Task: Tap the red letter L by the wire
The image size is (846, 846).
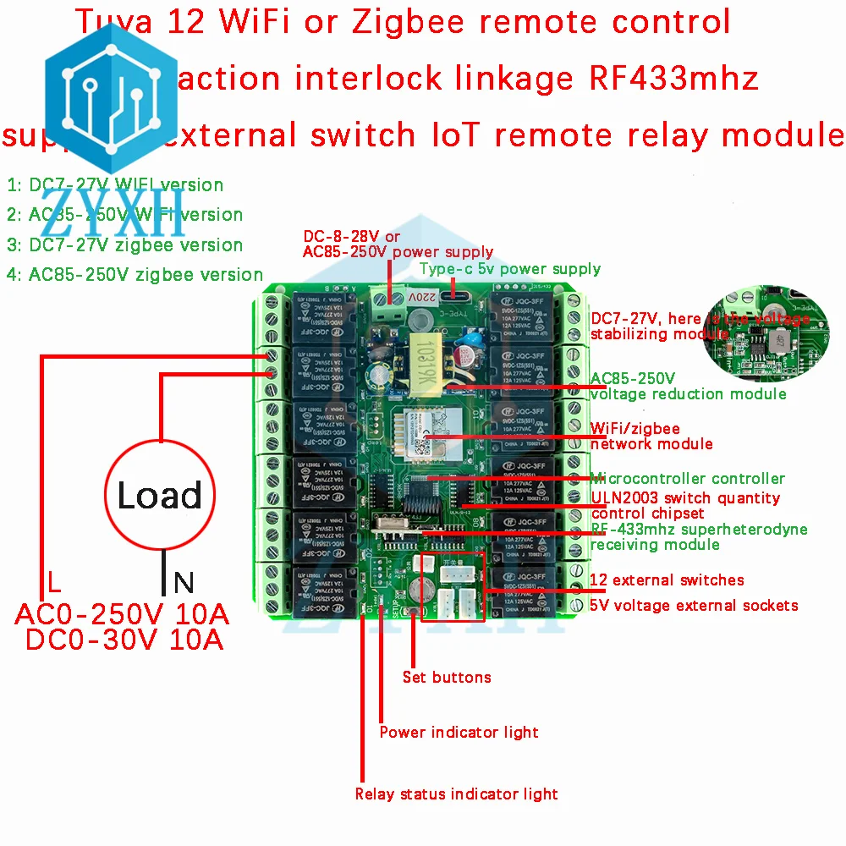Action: [x=53, y=583]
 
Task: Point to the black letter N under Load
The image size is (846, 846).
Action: [x=184, y=583]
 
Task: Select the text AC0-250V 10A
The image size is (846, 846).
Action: [x=122, y=613]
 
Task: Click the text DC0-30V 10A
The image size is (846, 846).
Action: [x=124, y=640]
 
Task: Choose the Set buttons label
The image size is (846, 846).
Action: [x=447, y=677]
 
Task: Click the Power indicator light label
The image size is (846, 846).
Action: [x=459, y=732]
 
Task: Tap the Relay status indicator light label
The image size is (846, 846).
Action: [x=456, y=794]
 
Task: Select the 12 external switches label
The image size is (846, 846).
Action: [x=667, y=580]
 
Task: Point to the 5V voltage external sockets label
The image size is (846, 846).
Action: [x=694, y=605]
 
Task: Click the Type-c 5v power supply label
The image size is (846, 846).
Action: [x=509, y=269]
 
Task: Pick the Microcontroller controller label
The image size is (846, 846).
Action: [x=687, y=479]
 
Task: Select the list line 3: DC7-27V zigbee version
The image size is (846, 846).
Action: [x=124, y=244]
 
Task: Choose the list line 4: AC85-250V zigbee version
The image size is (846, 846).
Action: [x=135, y=274]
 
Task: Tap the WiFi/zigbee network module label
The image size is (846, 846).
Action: [x=651, y=437]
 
